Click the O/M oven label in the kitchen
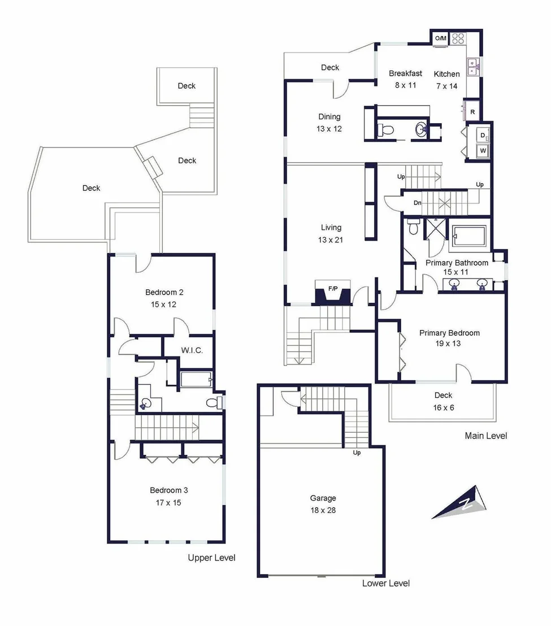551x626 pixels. coord(441,38)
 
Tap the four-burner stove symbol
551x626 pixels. coord(458,39)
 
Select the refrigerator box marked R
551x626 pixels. coord(472,112)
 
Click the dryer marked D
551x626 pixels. coord(483,136)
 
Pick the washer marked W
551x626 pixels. coord(483,150)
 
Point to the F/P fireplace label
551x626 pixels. coord(333,289)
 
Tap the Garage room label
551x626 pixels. coord(323,498)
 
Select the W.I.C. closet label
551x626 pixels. coord(192,350)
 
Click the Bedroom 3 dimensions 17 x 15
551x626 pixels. coord(168,503)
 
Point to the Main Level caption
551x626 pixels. coord(486,436)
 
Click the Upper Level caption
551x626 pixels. coord(211,558)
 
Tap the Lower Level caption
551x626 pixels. coord(385,583)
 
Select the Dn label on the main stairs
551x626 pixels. coord(417,203)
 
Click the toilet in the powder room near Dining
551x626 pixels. coord(385,130)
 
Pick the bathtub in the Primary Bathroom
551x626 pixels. coord(468,236)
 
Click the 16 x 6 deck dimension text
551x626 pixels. coord(444,407)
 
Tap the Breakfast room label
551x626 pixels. coord(405,73)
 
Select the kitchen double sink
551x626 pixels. coord(473,67)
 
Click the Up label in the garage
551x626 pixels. coord(357,453)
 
